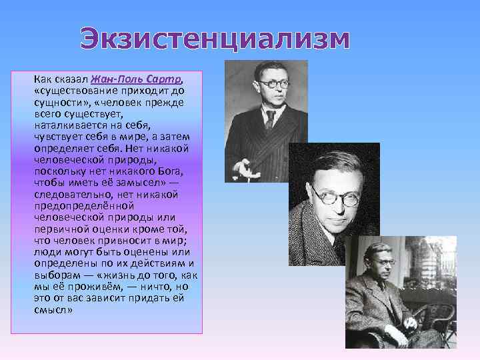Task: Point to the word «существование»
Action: (x=75, y=91)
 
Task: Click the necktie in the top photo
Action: (x=270, y=119)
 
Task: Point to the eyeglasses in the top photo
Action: (x=273, y=84)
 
